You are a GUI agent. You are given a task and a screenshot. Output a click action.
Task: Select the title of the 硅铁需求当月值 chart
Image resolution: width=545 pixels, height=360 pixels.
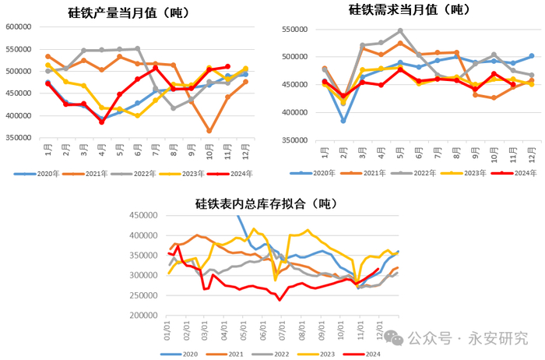pos(409,10)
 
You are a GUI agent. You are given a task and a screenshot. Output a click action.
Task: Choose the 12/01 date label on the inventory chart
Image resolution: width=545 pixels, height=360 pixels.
pos(380,334)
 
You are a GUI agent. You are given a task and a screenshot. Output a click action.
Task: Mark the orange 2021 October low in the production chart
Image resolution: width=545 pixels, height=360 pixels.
pos(209,131)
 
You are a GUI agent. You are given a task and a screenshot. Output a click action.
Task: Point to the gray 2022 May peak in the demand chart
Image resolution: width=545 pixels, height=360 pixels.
pos(400,31)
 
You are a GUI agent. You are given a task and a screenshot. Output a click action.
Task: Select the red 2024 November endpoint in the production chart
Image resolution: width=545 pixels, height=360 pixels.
pos(227,67)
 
